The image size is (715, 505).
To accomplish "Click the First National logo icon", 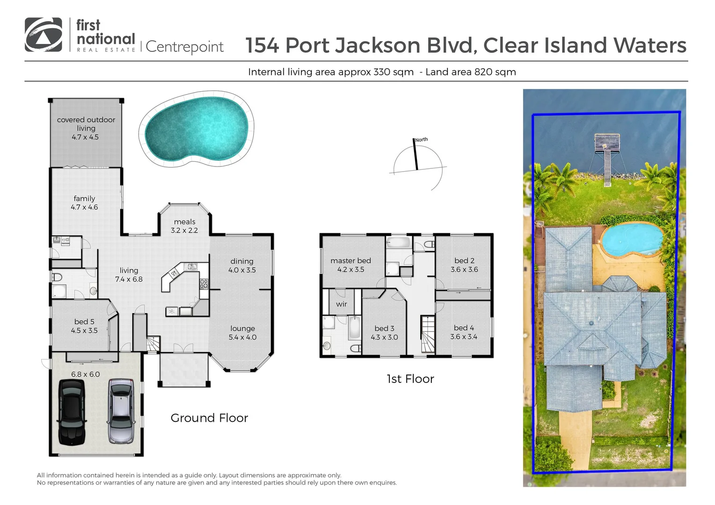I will [x=43, y=35].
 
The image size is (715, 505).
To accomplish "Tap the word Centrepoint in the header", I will [x=185, y=47].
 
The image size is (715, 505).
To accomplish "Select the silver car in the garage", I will [x=121, y=411].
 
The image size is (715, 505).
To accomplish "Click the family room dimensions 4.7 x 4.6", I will [x=84, y=207].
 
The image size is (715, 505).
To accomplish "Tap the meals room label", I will [x=184, y=222].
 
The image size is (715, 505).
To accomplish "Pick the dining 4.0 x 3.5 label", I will [x=242, y=266].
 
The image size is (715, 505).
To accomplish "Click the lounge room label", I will [x=242, y=328].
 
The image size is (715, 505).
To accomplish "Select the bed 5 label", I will [x=84, y=322].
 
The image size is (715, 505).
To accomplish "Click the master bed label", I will [x=350, y=260].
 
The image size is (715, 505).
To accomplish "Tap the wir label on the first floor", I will [x=342, y=304].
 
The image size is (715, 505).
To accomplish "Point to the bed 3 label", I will [x=384, y=328].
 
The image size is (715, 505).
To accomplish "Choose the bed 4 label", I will [x=464, y=328].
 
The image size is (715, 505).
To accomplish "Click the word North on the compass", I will [x=421, y=139].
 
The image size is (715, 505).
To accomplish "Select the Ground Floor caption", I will [x=209, y=418].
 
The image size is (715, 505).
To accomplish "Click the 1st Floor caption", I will [x=410, y=379].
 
